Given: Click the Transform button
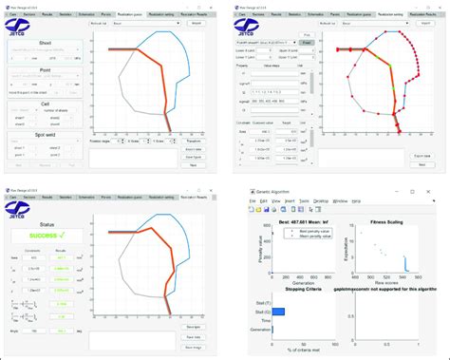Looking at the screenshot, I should [193, 139].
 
